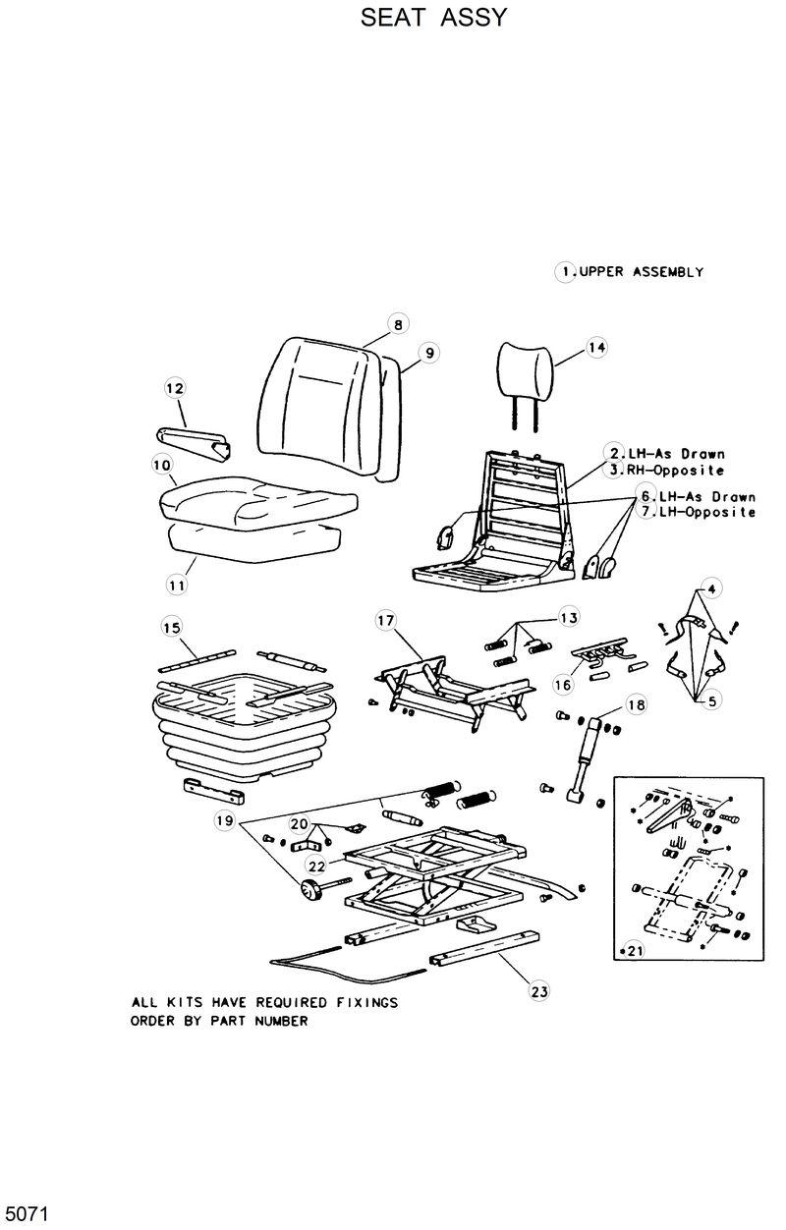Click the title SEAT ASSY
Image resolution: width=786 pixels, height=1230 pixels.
click(433, 18)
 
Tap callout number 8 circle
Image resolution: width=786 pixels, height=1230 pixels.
click(397, 325)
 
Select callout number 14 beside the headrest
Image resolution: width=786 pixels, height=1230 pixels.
click(597, 347)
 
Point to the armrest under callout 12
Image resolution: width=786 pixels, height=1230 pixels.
click(193, 438)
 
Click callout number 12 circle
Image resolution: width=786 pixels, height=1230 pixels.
click(175, 389)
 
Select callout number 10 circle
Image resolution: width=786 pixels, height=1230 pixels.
click(163, 464)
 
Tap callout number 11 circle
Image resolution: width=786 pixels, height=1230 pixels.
click(177, 586)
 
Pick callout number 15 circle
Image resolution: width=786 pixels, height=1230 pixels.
click(172, 627)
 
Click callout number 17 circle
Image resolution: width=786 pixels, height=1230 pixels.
click(385, 620)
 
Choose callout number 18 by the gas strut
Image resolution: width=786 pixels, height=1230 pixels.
click(637, 705)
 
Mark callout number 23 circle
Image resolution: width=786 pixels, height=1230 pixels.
click(538, 991)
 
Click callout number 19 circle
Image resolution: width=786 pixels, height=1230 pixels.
click(226, 819)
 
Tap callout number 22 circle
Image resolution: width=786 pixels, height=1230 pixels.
click(316, 866)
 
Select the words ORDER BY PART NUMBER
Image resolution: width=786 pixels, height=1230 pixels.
click(219, 1021)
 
